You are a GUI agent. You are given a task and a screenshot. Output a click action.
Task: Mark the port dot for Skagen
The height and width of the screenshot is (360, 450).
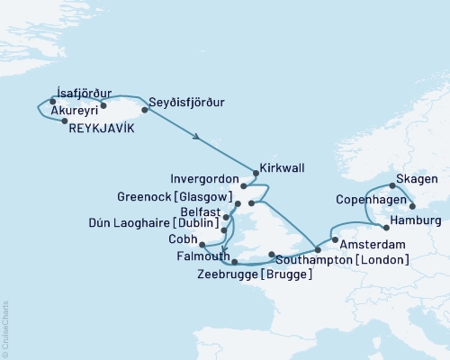(x=392, y=185)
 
